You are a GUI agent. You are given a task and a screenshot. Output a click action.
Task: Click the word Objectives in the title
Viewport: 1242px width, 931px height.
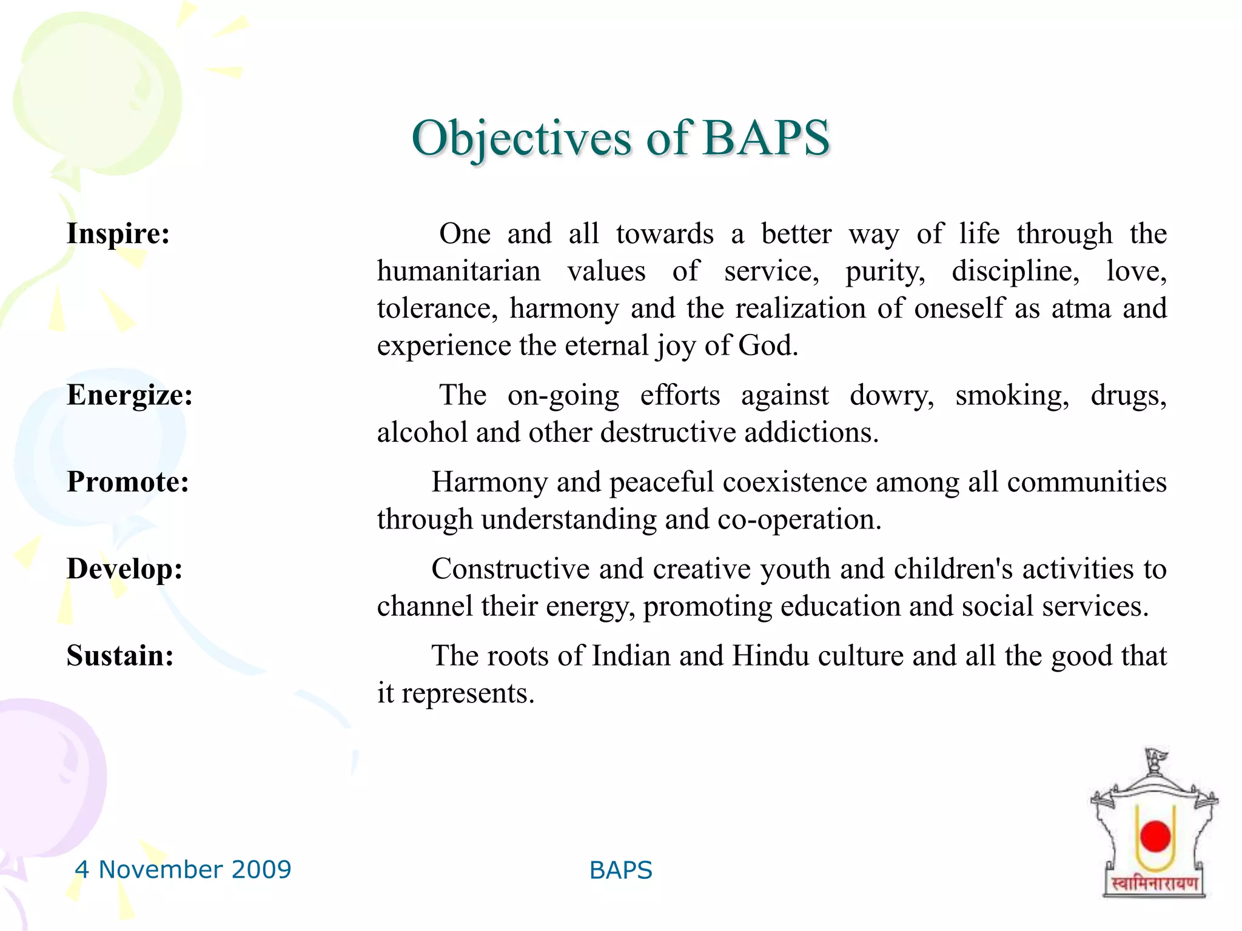(522, 139)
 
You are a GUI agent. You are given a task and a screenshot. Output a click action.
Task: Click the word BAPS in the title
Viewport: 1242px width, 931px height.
(766, 138)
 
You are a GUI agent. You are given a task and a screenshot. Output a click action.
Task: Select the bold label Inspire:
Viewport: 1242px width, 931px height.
(118, 234)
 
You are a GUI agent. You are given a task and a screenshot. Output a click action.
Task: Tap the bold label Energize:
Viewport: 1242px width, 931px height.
(130, 395)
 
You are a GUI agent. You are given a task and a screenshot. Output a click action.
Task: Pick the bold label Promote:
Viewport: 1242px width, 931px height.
(128, 482)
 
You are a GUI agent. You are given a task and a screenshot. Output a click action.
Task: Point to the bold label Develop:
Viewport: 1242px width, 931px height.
(124, 569)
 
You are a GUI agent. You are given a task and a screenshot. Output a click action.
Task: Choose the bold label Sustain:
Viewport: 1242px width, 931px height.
(120, 656)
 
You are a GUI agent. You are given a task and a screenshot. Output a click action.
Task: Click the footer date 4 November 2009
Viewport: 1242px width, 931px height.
(183, 870)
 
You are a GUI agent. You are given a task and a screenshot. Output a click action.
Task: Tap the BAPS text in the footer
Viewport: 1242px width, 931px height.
(620, 870)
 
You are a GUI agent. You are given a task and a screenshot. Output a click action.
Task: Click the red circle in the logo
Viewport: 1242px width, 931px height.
(1155, 836)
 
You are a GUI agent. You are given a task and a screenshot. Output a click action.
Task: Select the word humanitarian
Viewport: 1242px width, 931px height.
(458, 272)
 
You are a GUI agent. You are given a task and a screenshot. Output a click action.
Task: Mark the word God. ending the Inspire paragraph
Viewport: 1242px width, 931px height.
(768, 346)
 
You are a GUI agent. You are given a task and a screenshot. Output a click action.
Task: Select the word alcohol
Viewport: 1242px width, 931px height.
(421, 433)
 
